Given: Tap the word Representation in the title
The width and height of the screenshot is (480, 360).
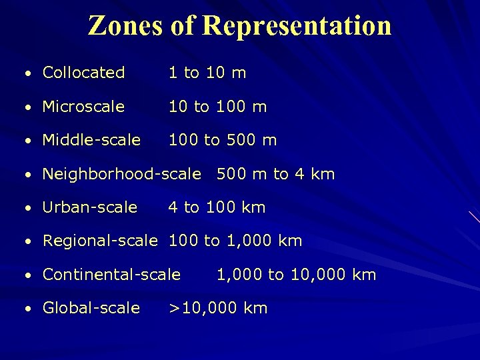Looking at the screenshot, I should [297, 25].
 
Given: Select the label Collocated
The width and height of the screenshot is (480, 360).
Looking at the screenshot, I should [84, 73].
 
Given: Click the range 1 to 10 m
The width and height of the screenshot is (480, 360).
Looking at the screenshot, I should [207, 73].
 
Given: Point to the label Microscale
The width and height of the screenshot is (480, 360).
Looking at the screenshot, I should [83, 107].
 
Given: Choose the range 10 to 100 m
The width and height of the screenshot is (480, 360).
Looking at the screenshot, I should [217, 107].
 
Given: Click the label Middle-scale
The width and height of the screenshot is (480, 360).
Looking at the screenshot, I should [91, 140].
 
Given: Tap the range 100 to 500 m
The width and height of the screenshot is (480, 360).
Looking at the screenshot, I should [223, 140].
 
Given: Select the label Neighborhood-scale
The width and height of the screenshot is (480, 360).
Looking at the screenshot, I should [121, 174].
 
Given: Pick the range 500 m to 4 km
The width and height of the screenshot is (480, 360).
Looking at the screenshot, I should [275, 174].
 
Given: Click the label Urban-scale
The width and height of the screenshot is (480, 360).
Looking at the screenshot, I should [90, 207].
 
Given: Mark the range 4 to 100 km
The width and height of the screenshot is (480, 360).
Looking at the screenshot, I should [217, 207].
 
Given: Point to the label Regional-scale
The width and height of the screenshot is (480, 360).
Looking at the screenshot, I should [100, 241].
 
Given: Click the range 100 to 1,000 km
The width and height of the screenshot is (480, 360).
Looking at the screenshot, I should [235, 241].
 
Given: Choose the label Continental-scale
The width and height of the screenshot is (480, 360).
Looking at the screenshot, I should [111, 274].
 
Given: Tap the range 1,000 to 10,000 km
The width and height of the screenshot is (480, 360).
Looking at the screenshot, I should [296, 274].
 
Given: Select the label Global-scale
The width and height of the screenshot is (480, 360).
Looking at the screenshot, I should [91, 308].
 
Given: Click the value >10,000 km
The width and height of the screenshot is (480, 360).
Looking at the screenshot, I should [218, 308].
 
